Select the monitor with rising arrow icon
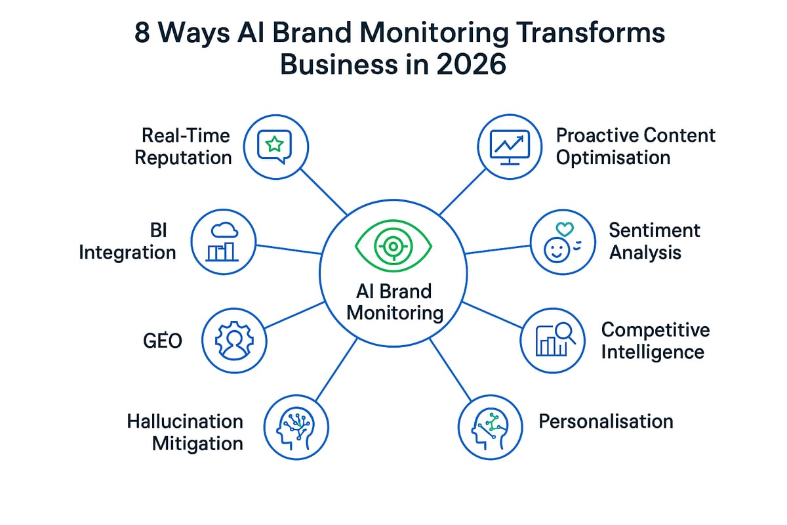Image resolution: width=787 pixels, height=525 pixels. click(510, 146)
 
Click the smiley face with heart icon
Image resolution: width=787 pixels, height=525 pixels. click(561, 241)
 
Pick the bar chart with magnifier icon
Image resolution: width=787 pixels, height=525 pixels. click(553, 339)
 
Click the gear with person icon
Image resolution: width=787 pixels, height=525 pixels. click(233, 341)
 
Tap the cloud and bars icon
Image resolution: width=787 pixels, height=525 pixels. click(224, 241)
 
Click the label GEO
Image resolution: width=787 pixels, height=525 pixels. click(162, 340)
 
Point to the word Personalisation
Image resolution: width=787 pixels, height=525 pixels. click(605, 421)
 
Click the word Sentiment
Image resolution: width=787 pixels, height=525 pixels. click(654, 230)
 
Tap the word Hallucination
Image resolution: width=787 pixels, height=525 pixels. click(185, 421)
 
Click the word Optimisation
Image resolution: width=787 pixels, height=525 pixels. click(613, 157)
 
